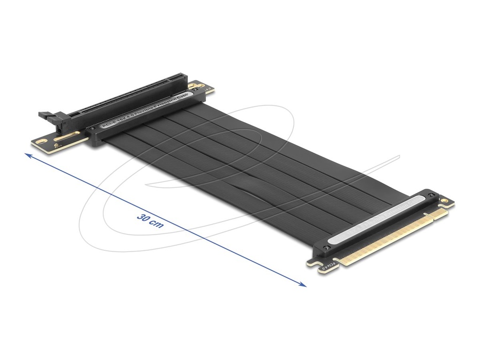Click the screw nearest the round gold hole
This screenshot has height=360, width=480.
[x=431, y=195]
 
